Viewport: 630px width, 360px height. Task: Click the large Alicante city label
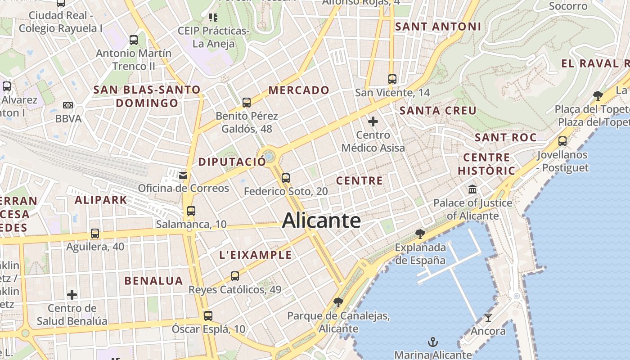321,221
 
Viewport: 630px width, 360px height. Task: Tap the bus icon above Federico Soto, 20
286,178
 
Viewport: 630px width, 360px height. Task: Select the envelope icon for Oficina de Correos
183,175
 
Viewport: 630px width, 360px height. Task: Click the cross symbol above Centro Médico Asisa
373,121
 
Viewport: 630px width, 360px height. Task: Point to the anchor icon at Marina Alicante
432,342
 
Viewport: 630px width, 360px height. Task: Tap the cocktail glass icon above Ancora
488,318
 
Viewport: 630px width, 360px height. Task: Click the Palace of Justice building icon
472,189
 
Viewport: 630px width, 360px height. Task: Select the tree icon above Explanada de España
420,234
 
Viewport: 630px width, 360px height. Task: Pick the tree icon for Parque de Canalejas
338,302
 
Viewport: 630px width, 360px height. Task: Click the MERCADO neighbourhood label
299,90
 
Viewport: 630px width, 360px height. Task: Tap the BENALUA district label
153,281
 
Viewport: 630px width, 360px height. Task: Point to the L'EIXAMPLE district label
255,255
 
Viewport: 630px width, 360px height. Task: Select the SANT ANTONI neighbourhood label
438,27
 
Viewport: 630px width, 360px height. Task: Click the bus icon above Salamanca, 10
191,211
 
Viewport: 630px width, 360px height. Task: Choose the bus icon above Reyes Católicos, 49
235,276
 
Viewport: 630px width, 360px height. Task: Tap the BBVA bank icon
68,105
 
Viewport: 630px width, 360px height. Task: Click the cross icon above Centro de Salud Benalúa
72,295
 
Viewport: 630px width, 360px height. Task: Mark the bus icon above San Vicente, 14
392,79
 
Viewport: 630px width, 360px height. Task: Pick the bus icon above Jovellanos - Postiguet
562,141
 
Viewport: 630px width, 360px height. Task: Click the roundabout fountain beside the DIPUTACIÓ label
270,156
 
